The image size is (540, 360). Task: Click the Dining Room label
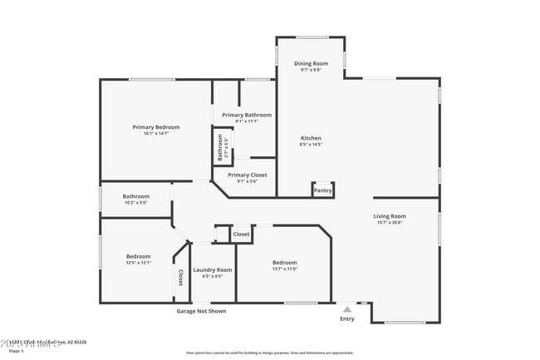[312, 64]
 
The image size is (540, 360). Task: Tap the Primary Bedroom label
[156, 127]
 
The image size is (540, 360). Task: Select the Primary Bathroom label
[247, 115]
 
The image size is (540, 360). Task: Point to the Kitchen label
[311, 138]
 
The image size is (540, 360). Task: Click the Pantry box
[322, 190]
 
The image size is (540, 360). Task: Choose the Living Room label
[390, 216]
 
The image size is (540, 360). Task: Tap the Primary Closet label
[248, 175]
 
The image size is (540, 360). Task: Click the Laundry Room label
[213, 270]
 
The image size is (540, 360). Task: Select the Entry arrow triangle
[347, 308]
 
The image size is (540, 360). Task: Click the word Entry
[347, 318]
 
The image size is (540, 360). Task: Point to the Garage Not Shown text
[201, 311]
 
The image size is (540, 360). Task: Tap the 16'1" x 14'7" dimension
[156, 134]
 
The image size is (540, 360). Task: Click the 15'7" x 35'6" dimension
[390, 223]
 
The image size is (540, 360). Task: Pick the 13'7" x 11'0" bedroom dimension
[285, 269]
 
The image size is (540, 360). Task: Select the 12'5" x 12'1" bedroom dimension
[139, 263]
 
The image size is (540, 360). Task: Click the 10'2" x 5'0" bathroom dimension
[135, 202]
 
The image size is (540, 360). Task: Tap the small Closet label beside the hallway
[241, 234]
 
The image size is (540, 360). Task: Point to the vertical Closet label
[179, 277]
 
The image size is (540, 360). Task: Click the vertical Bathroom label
[221, 147]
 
